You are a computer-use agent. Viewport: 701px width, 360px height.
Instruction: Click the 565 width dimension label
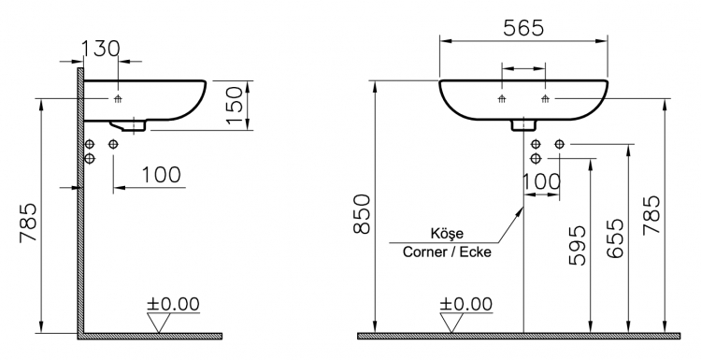pos(523,28)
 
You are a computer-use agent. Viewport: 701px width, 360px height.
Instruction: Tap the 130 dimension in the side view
pos(101,49)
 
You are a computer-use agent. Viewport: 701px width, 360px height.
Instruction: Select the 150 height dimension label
pos(235,106)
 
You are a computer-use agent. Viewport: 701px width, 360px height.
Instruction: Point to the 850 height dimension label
pos(362,214)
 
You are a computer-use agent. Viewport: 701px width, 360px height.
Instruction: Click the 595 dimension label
pos(577,246)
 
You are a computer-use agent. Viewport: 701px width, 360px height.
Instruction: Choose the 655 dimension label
pos(615,238)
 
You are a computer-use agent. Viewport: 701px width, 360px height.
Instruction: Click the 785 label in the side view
pos(28,223)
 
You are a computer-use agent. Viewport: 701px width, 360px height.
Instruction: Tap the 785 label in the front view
pos(651,214)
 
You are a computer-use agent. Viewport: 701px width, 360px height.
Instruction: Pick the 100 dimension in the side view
pos(162,175)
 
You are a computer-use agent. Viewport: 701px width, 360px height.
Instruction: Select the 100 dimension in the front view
pos(541,181)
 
